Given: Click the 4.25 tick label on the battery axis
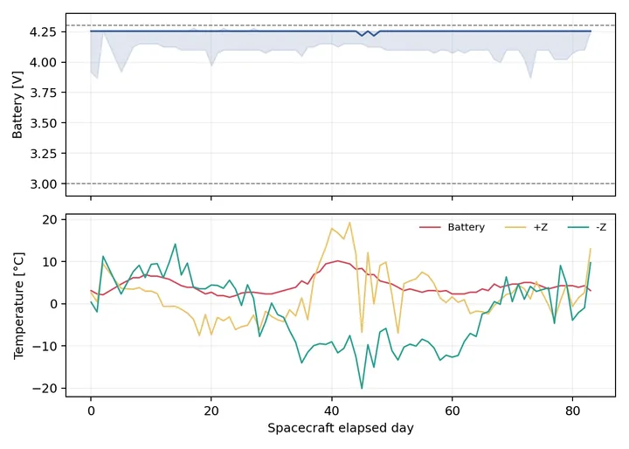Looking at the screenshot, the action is point(44,31).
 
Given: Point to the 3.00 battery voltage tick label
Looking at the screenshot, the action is point(44,183).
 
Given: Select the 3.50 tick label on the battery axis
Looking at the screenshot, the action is point(44,123).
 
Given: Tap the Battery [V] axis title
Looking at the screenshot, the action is point(17,105).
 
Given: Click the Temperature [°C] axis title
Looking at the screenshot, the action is point(19,306).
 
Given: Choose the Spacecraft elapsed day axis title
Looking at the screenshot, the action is point(341,428).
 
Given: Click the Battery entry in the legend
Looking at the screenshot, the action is point(453,227).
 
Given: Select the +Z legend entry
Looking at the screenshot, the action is point(526,227).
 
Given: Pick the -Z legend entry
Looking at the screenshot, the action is point(587,227).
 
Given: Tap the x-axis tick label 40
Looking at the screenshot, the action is point(332,411).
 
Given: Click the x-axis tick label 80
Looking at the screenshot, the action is point(572,411).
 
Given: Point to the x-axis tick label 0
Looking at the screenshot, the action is point(91,411).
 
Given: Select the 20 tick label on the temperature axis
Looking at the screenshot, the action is point(51,219).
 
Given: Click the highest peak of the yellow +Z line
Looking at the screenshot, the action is point(349,222).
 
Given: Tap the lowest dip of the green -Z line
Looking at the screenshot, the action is point(362,389).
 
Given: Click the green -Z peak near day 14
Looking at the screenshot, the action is point(176,244).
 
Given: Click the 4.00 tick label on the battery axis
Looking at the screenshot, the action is point(44,62).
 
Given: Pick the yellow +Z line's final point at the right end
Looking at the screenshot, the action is point(591,249).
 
